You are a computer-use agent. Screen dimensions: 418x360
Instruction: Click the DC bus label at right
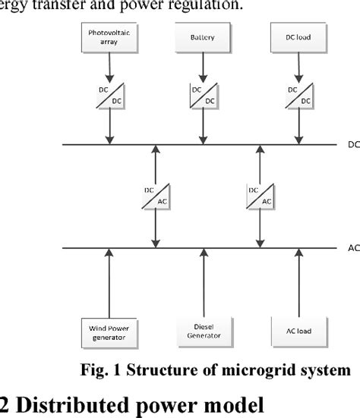(x=352, y=144)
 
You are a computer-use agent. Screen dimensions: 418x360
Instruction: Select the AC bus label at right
(x=352, y=247)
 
